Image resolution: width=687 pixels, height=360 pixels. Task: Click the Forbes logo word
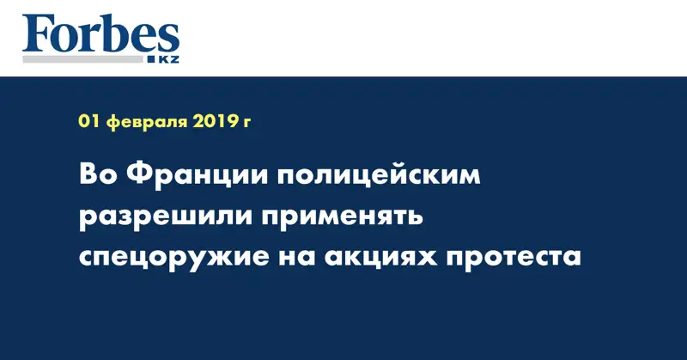pyautogui.click(x=100, y=35)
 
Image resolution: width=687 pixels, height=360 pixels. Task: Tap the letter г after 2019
pyautogui.click(x=247, y=124)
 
